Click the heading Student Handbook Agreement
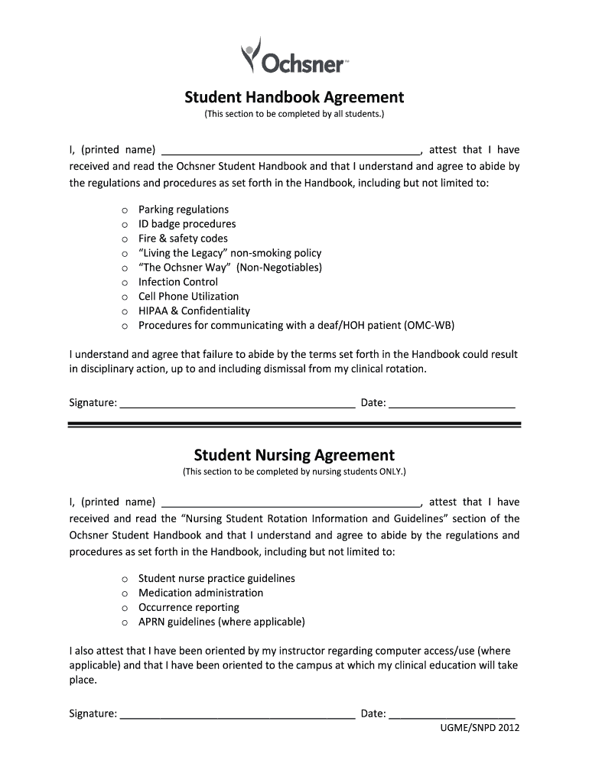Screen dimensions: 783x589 pyautogui.click(x=294, y=98)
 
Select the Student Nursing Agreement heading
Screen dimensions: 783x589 pyautogui.click(x=294, y=455)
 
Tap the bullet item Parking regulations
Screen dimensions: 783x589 pyautogui.click(x=183, y=210)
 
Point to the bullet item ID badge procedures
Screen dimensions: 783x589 pyautogui.click(x=187, y=224)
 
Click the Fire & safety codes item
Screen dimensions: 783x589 pyautogui.click(x=183, y=239)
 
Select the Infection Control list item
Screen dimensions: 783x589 pyautogui.click(x=177, y=282)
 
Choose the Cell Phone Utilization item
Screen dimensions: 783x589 pyautogui.click(x=188, y=297)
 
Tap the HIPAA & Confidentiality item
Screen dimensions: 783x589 pyautogui.click(x=194, y=311)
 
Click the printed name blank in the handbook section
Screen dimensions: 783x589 pyautogui.click(x=291, y=151)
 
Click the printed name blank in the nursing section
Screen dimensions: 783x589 pyautogui.click(x=291, y=502)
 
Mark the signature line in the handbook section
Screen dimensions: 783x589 pyautogui.click(x=237, y=404)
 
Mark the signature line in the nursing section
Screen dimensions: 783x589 pyautogui.click(x=237, y=715)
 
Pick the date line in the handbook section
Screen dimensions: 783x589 pyautogui.click(x=452, y=404)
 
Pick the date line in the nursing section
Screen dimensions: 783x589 pyautogui.click(x=452, y=715)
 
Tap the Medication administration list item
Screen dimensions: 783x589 pyautogui.click(x=200, y=593)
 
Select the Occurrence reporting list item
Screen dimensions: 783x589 pyautogui.click(x=188, y=608)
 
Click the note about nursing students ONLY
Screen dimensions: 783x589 pyautogui.click(x=294, y=473)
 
